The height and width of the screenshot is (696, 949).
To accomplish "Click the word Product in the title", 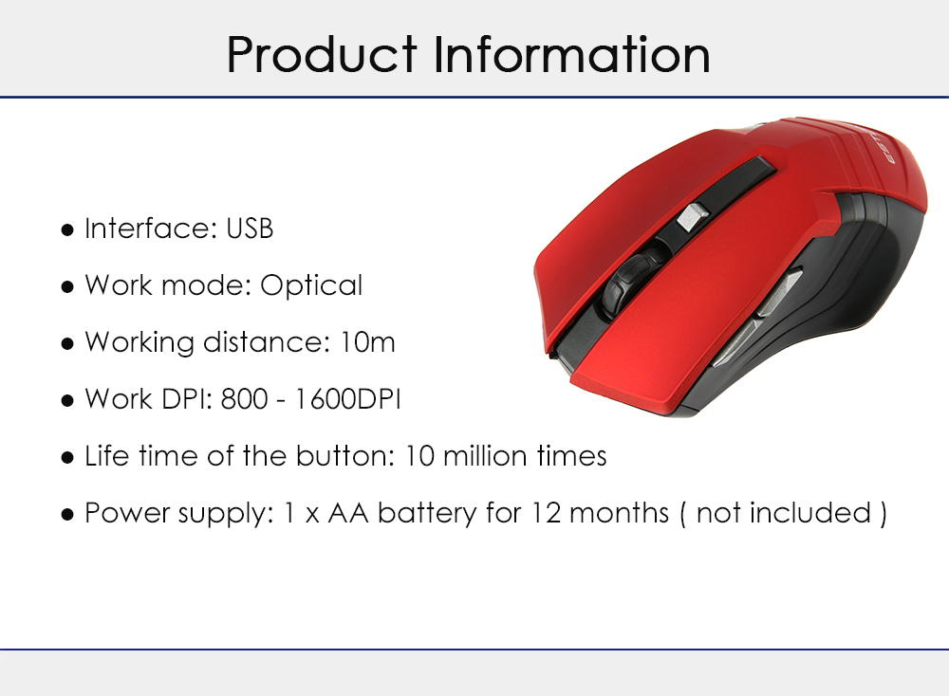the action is pos(322,55).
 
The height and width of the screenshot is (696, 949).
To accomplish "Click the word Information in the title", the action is pos(571,54).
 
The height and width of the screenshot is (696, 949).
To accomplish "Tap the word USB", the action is pos(250,229).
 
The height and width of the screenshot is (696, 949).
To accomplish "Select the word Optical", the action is pos(311,286).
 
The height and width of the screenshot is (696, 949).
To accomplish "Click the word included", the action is pos(809,513).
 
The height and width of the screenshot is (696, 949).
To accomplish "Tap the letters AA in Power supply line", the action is pos(348,513).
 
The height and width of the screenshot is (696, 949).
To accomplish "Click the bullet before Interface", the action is pos(67,229).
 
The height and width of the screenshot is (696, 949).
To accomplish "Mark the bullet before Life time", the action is pos(67,457).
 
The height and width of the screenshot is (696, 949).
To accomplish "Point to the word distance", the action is pos(267,342).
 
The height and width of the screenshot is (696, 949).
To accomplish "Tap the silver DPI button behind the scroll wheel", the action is pos(692,216).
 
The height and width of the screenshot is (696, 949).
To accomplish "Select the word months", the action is pos(619,513).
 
